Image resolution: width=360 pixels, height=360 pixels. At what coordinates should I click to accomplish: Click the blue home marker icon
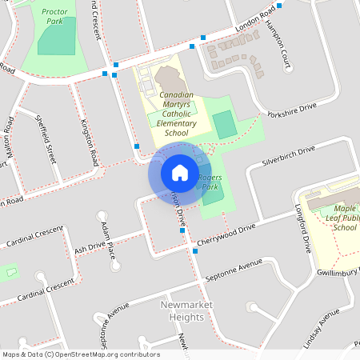click(x=179, y=173)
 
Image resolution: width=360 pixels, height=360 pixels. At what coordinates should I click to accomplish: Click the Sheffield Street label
click(x=47, y=138)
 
